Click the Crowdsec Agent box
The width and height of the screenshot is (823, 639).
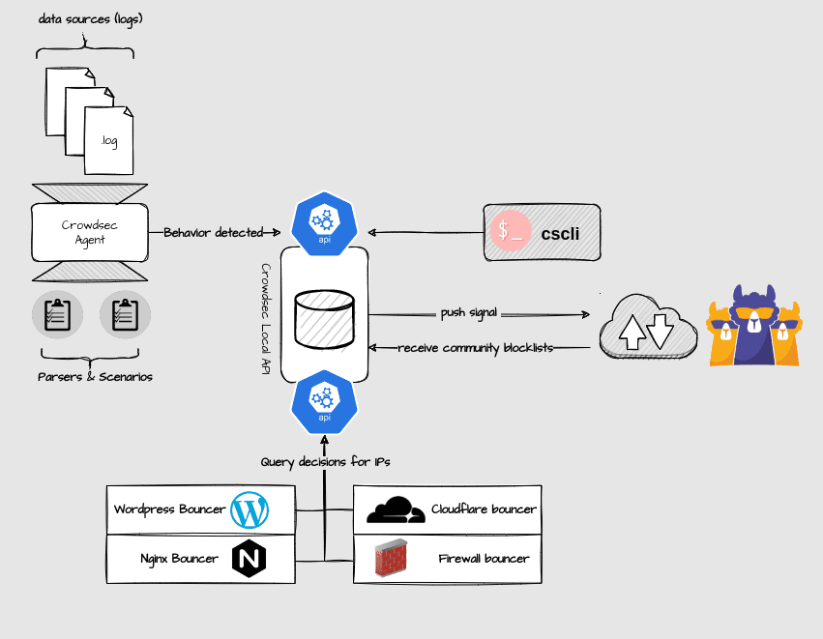tap(90, 232)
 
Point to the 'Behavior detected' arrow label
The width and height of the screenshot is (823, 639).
tap(213, 233)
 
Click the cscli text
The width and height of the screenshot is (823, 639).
tap(560, 233)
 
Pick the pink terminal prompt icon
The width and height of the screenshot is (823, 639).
tap(511, 232)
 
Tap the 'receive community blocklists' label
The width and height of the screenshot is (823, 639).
tap(476, 347)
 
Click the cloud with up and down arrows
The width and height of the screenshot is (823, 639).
tap(646, 327)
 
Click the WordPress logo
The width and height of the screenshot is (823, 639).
tap(250, 509)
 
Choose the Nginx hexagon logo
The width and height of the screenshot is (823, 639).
tap(249, 559)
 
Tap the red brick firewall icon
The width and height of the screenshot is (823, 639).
tap(394, 559)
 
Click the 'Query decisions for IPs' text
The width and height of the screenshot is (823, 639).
tap(325, 462)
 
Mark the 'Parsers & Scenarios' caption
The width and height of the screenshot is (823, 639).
tap(94, 376)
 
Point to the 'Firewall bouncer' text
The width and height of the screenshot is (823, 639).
tap(484, 559)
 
